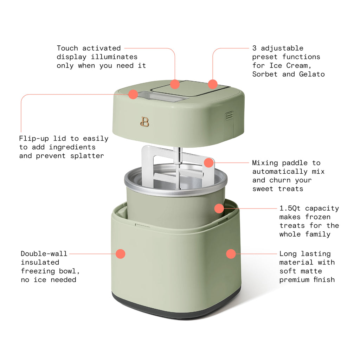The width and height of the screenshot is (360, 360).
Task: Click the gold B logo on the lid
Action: click(x=144, y=122)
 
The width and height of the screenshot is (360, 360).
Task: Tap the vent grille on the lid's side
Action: click(x=229, y=116)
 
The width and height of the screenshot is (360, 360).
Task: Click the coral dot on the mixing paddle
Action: click(x=209, y=162)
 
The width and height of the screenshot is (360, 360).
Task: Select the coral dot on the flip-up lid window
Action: click(x=133, y=94)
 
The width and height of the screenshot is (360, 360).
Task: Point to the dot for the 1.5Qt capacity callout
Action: click(x=219, y=208)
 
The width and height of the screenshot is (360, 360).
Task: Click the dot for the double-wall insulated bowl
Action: click(x=121, y=254)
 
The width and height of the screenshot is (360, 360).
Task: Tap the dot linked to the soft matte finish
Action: click(x=231, y=254)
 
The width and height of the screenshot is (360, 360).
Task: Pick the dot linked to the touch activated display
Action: click(x=175, y=84)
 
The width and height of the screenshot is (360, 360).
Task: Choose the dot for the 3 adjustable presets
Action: click(x=212, y=84)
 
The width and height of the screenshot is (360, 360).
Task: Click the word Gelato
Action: click(x=312, y=74)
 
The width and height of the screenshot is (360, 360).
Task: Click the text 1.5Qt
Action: click(x=290, y=208)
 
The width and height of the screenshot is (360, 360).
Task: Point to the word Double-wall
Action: click(x=44, y=254)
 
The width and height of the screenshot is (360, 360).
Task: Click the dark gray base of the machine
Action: click(x=176, y=309)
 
